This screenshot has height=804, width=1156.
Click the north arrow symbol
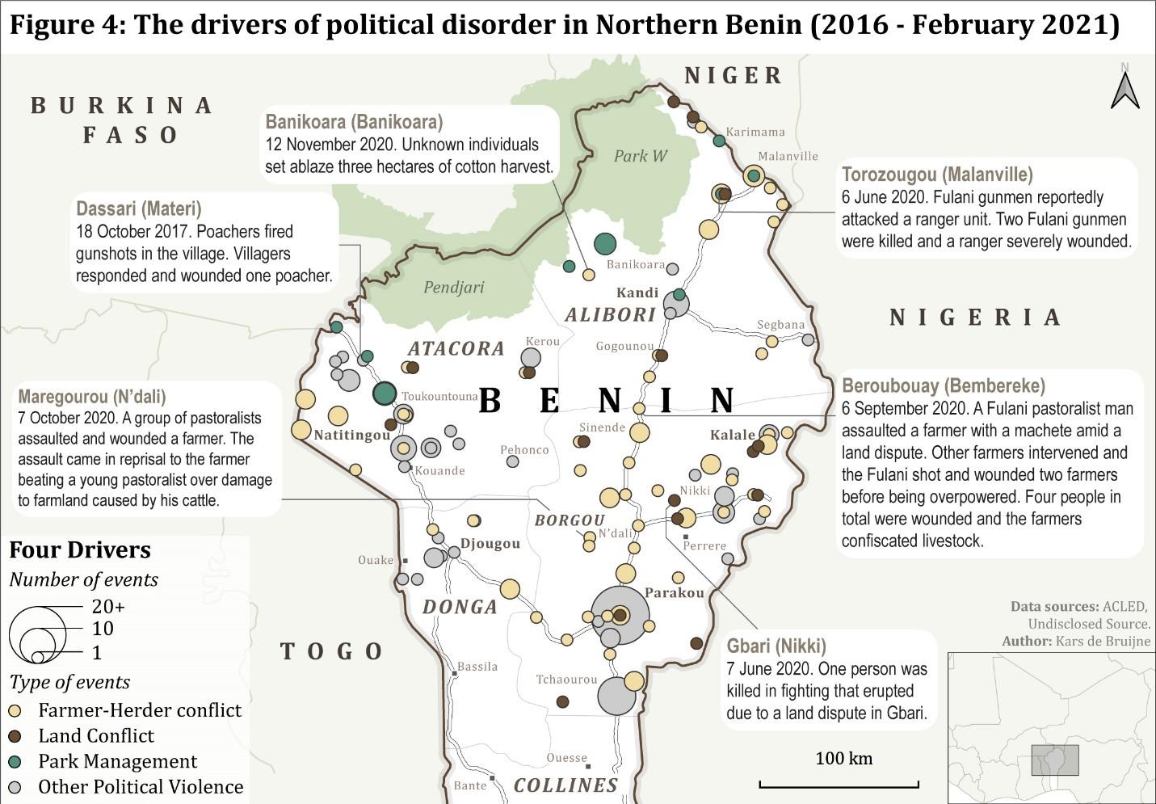pyautogui.click(x=1124, y=89)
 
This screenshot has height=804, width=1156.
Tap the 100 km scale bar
pyautogui.click(x=839, y=783)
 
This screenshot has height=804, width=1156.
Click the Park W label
pyautogui.click(x=640, y=156)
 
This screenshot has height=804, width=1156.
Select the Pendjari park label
pyautogui.click(x=453, y=287)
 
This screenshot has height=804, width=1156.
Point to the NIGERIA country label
pyautogui.click(x=975, y=317)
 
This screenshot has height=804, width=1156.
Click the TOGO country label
pyautogui.click(x=331, y=651)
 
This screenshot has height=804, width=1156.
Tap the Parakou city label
pyautogui.click(x=674, y=592)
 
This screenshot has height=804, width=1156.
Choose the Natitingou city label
pyautogui.click(x=352, y=435)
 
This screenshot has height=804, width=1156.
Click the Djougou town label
pyautogui.click(x=490, y=543)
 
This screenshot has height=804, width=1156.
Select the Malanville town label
pyautogui.click(x=788, y=156)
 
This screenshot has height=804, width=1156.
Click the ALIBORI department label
pyautogui.click(x=610, y=315)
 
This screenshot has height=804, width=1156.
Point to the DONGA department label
pyautogui.click(x=460, y=607)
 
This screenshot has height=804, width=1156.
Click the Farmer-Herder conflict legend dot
pyautogui.click(x=15, y=711)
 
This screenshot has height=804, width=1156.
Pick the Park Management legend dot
pyautogui.click(x=15, y=762)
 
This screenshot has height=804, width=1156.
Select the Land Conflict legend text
pyautogui.click(x=96, y=736)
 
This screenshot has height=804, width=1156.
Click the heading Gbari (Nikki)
pyautogui.click(x=776, y=646)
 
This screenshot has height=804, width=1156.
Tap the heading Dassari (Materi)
pyautogui.click(x=138, y=209)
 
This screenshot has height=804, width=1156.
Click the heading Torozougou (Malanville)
pyautogui.click(x=936, y=175)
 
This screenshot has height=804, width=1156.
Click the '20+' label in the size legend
pyautogui.click(x=108, y=606)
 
